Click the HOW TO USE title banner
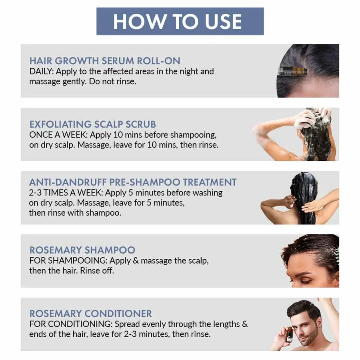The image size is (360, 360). (x=180, y=21)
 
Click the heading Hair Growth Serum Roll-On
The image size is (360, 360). (x=105, y=61)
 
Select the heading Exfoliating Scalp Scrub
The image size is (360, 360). (x=92, y=124)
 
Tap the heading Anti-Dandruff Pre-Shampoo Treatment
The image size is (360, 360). (x=133, y=182)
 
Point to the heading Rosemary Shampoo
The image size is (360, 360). (x=82, y=250)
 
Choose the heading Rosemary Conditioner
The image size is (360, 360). (x=90, y=314)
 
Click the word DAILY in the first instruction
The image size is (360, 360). (x=41, y=72)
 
